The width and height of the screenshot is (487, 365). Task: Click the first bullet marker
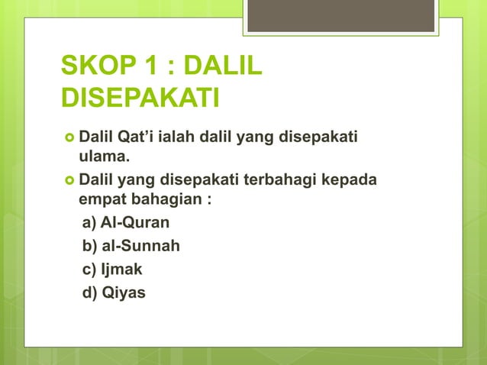68,137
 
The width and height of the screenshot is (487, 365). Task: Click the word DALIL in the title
224,67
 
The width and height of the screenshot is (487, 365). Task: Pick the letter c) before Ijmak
89,270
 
